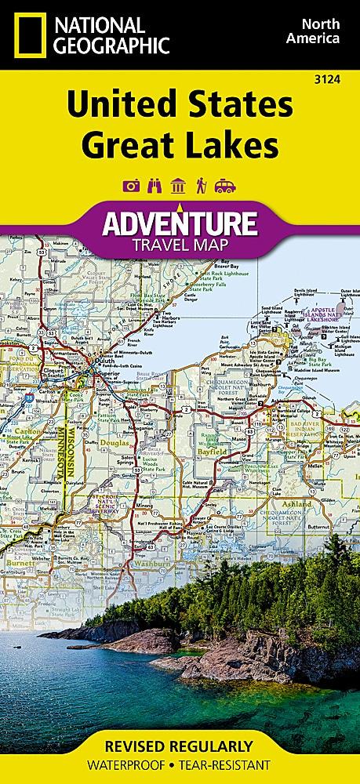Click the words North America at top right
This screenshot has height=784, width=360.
312,29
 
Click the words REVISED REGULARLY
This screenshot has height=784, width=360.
180,745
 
